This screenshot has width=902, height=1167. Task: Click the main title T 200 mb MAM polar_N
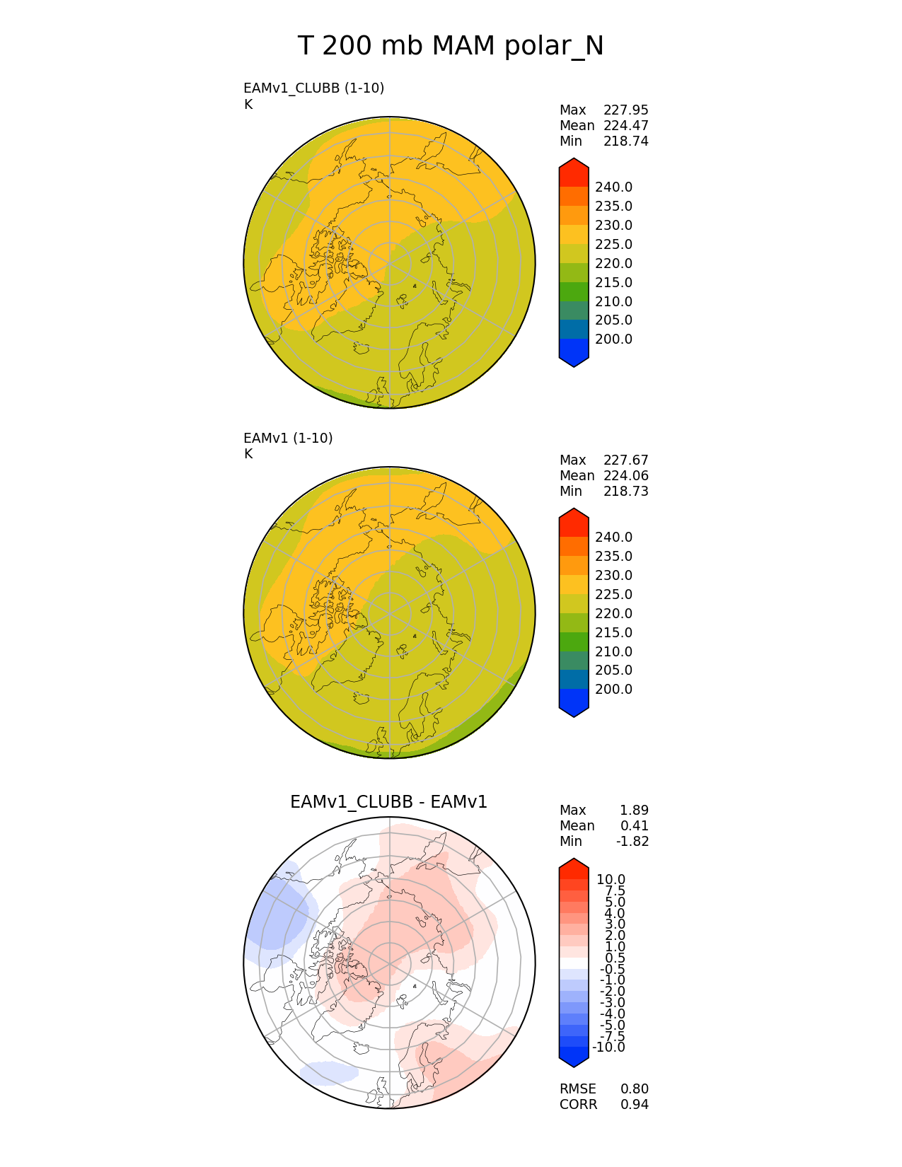point(451,47)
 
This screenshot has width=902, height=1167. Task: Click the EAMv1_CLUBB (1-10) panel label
point(313,88)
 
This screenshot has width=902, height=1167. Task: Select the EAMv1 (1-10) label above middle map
point(288,438)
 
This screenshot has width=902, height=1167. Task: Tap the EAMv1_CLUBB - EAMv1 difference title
point(388,802)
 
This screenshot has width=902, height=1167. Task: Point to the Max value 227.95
point(625,110)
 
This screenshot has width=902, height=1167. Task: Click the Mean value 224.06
point(625,476)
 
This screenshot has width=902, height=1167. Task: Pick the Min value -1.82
point(632,841)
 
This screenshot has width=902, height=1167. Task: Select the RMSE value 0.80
point(634,1089)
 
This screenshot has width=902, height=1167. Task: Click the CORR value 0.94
point(634,1105)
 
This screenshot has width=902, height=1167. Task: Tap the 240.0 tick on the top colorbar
point(613,187)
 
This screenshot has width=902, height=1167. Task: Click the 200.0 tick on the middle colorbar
point(613,690)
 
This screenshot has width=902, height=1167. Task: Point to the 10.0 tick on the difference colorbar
point(611,880)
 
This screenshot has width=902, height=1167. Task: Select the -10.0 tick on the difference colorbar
point(608,1047)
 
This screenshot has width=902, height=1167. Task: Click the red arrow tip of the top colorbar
point(574,170)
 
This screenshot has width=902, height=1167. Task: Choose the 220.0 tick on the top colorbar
point(613,264)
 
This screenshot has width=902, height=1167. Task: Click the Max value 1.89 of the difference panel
point(634,811)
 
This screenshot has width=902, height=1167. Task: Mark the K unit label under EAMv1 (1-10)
point(248,454)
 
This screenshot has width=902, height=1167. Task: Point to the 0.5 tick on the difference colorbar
point(615,958)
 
